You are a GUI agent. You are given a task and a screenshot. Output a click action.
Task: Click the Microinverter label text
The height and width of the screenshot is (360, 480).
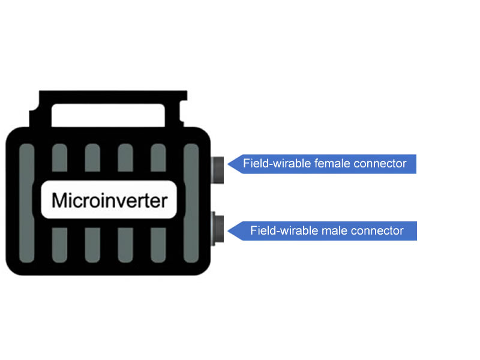pyautogui.click(x=109, y=200)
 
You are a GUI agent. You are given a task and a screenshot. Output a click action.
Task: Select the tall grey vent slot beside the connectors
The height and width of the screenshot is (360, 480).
pyautogui.click(x=191, y=205)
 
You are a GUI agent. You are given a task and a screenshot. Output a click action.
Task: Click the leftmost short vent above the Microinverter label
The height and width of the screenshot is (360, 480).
pyautogui.click(x=59, y=158)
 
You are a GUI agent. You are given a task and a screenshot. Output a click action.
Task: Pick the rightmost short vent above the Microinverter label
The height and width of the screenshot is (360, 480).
pyautogui.click(x=157, y=158)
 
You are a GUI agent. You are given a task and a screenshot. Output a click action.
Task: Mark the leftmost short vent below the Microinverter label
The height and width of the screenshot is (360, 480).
pyautogui.click(x=59, y=245)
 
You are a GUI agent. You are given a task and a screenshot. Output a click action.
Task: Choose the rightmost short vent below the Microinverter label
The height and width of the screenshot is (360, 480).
pyautogui.click(x=157, y=245)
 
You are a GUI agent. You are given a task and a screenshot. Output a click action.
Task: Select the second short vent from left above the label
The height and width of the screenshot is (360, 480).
pyautogui.click(x=92, y=158)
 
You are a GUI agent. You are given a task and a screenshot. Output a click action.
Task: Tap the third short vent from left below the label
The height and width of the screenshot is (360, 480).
pyautogui.click(x=125, y=245)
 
